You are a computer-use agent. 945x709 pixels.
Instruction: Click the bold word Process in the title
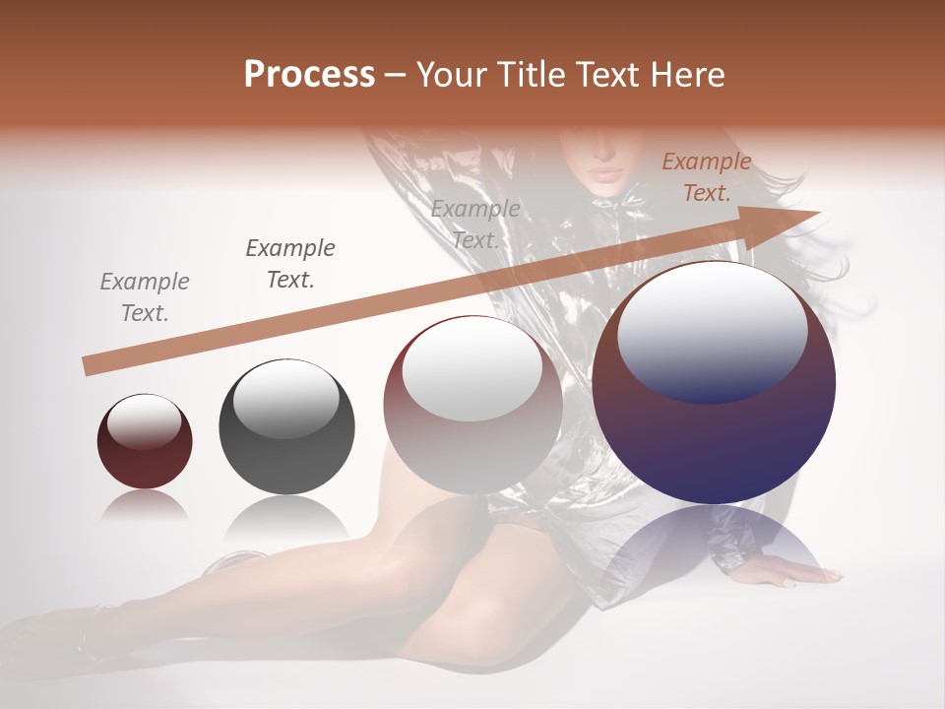(309, 74)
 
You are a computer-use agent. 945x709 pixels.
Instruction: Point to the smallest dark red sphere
(145, 442)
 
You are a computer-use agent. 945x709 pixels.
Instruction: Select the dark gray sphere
(286, 427)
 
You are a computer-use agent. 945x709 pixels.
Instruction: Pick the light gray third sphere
(472, 406)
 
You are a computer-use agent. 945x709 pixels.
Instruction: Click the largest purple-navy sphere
(714, 384)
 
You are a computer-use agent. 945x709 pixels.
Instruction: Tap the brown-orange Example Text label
(707, 177)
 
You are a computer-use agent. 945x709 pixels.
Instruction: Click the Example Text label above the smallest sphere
(145, 297)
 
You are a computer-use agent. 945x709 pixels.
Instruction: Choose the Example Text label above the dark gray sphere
(290, 264)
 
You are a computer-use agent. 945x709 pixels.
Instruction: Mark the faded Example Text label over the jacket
(475, 225)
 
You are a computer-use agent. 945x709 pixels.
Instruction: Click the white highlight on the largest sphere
(712, 330)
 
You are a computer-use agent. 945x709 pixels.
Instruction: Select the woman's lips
(604, 173)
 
